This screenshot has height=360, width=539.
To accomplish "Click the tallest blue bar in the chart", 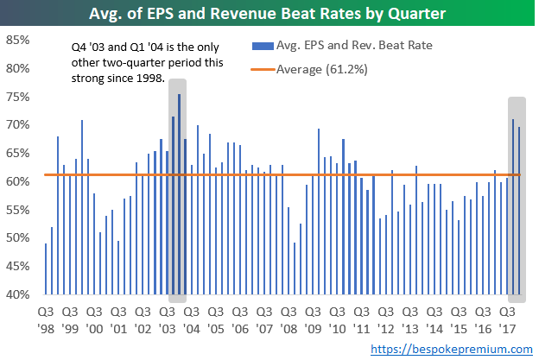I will [x=179, y=194].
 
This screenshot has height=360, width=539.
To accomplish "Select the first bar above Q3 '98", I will [x=46, y=269].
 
